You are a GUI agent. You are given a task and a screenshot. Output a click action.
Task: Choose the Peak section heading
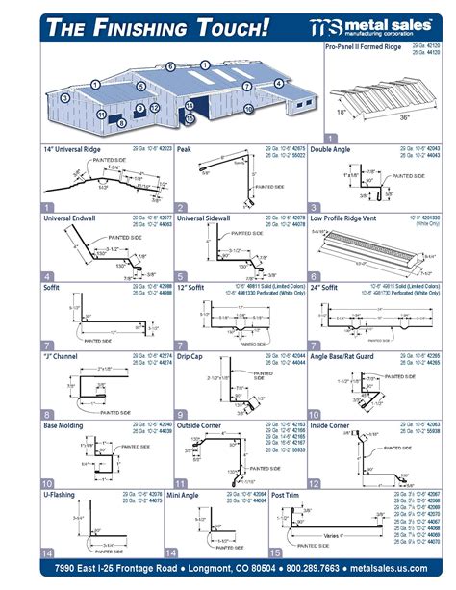click(x=185, y=150)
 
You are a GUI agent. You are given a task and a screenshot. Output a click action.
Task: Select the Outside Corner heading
click(x=201, y=424)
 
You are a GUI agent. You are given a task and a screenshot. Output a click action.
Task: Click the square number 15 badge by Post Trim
click(x=277, y=553)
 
